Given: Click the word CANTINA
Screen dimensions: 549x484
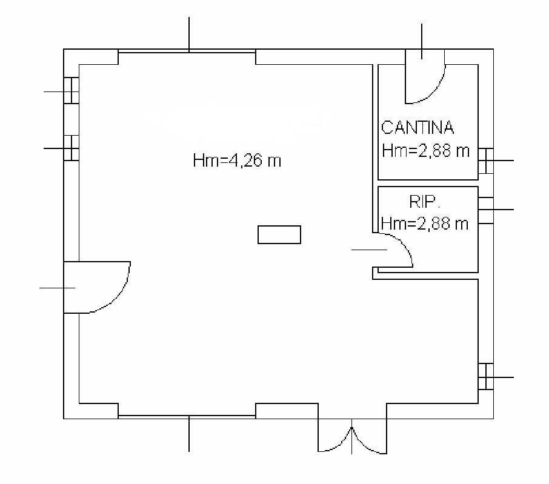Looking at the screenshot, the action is [x=418, y=127].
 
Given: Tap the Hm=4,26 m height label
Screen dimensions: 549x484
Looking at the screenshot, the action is [x=237, y=161].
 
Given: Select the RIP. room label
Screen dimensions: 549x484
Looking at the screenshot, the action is [x=424, y=202].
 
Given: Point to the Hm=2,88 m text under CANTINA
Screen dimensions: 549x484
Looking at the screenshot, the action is [x=425, y=151].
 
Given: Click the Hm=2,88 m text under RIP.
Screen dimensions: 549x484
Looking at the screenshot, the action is [x=425, y=224].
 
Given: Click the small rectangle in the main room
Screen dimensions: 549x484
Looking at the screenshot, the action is [x=279, y=234].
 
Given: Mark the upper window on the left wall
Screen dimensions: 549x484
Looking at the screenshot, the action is [x=71, y=91].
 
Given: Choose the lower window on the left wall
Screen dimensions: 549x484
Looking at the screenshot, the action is [x=71, y=148].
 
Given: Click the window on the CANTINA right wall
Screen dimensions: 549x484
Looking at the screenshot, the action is [x=486, y=161].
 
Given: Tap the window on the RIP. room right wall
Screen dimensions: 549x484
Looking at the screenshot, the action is [x=486, y=210].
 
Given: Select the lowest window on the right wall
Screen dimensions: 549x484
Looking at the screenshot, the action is [x=486, y=377].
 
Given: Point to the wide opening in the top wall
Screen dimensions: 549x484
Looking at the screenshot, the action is [x=187, y=51].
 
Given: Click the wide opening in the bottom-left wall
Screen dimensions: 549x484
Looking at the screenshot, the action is [x=187, y=416].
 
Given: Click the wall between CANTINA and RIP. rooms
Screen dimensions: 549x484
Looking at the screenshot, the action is [x=428, y=183].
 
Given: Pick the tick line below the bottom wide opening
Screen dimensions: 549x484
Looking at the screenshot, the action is [x=189, y=434].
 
